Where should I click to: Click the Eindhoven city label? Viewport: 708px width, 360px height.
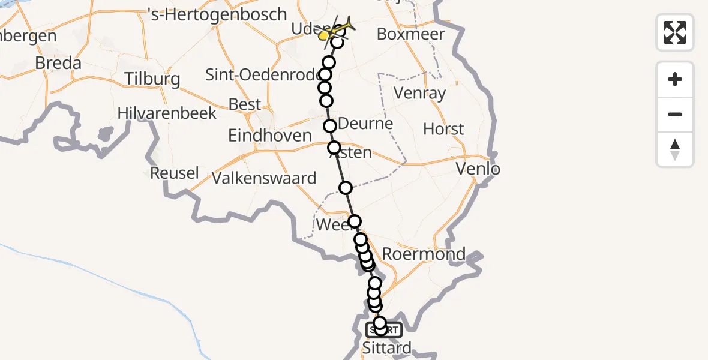[270, 135]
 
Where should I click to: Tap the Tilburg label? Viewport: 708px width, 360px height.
[152, 79]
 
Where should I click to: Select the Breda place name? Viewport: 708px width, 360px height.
[58, 63]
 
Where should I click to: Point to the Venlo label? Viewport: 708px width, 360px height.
[478, 169]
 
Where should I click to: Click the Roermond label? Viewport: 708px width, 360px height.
[424, 253]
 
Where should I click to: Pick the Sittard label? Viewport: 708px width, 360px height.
[387, 347]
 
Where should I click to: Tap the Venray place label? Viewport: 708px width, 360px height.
[420, 93]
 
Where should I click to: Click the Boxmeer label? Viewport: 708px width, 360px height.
[411, 34]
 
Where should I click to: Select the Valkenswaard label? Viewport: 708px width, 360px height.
[264, 178]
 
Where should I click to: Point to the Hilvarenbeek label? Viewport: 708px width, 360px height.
[167, 113]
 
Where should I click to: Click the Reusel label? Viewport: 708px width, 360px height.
[174, 173]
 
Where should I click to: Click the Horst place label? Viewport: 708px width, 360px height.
[443, 129]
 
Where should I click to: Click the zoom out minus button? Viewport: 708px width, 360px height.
[675, 114]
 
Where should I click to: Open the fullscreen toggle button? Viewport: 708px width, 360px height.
[675, 32]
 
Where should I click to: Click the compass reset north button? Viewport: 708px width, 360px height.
[675, 149]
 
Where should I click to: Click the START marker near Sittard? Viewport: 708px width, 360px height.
[383, 329]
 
